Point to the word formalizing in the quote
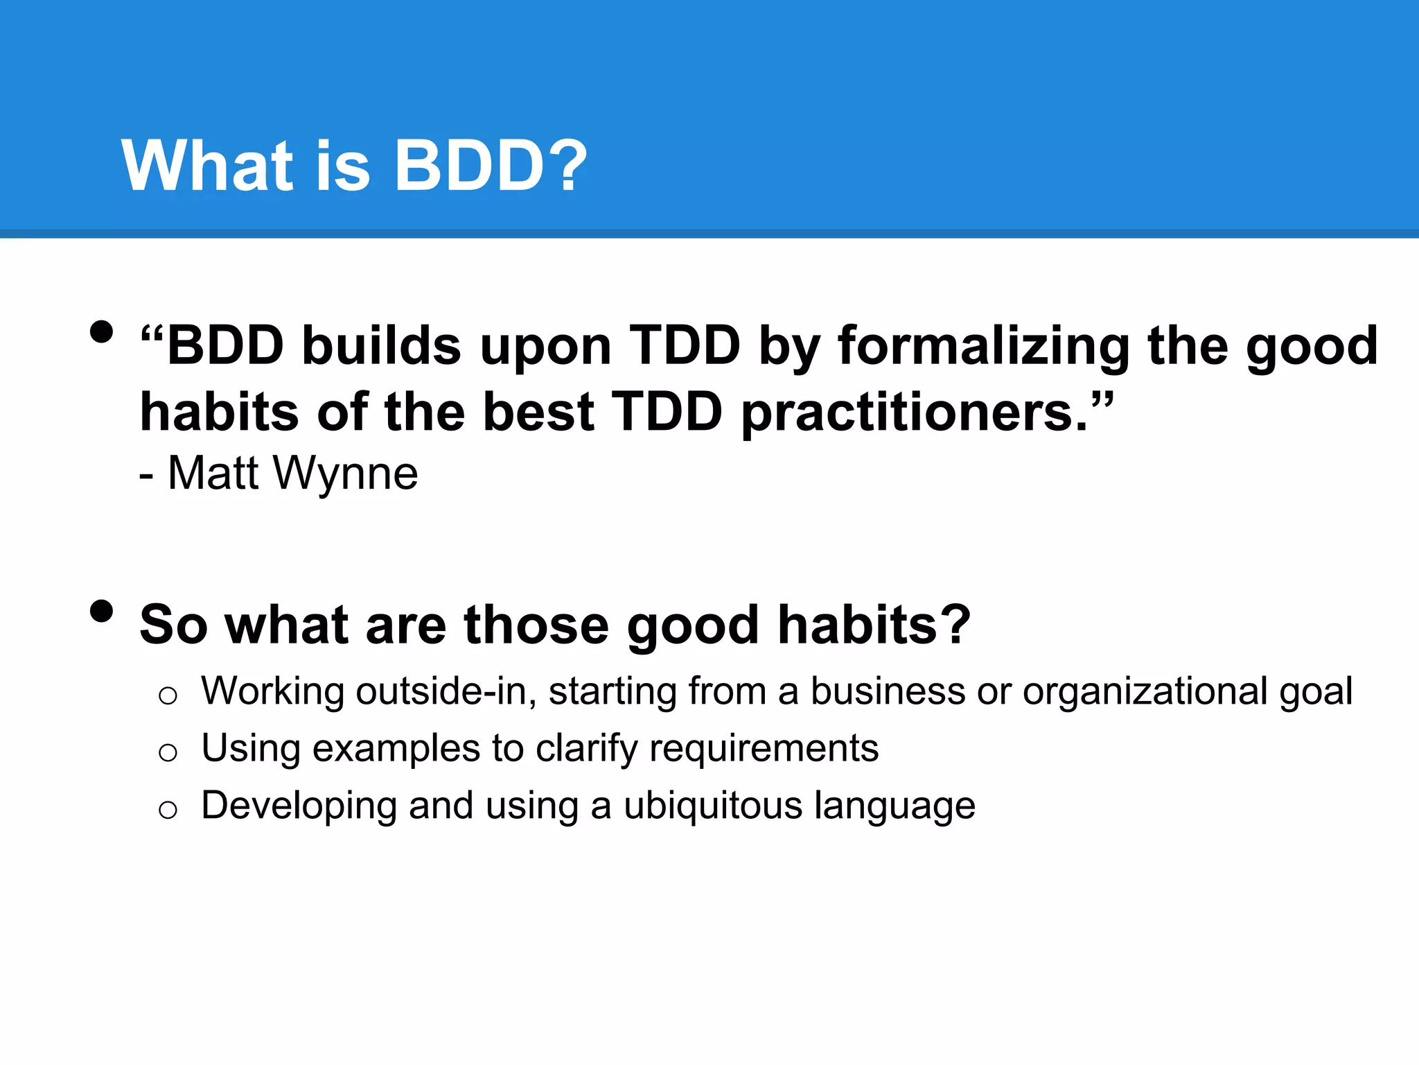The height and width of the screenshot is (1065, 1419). click(x=984, y=347)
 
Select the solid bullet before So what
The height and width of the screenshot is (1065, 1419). click(x=101, y=612)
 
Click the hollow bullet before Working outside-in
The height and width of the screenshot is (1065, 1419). click(x=168, y=695)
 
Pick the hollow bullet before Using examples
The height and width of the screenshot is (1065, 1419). click(x=168, y=752)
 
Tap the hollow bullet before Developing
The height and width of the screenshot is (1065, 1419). click(x=168, y=809)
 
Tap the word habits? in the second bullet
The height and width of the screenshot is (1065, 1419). click(x=874, y=624)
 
